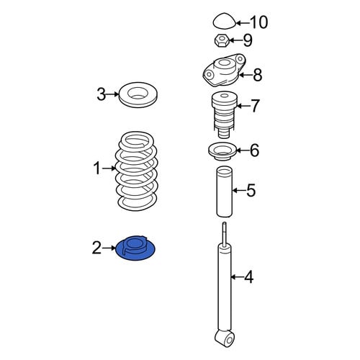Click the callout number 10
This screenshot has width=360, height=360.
[259, 22]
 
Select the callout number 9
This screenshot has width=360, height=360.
[248, 40]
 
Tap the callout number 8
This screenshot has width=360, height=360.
[257, 75]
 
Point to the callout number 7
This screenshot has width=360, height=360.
[255, 105]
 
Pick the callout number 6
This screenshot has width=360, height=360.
[254, 150]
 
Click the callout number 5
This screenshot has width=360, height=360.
[251, 190]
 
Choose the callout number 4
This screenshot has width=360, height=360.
[249, 277]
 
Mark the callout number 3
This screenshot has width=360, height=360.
[102, 94]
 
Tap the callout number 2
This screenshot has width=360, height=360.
[97, 248]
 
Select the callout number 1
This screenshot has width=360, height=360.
[97, 168]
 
